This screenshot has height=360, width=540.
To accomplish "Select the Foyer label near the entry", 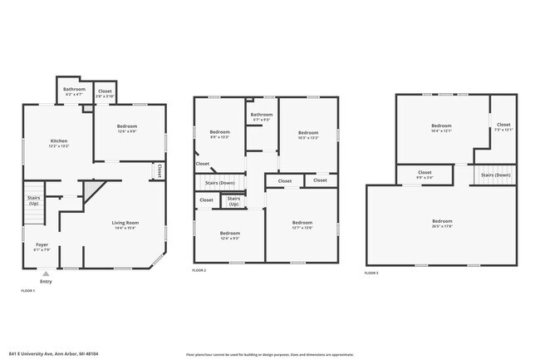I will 42,246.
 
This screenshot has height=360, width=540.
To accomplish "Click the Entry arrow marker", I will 45,273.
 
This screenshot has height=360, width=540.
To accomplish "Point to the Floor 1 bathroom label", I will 74,91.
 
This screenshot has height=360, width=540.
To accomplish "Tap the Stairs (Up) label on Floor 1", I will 34,200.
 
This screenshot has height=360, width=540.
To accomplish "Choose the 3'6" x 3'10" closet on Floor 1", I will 105,93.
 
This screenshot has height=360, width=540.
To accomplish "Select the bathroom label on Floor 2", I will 262,116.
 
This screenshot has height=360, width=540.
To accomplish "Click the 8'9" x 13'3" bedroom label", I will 219,135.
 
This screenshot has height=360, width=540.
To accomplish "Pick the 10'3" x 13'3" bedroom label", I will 308,135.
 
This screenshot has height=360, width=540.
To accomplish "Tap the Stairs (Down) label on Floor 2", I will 220,182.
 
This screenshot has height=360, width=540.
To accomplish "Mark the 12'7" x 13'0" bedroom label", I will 302,224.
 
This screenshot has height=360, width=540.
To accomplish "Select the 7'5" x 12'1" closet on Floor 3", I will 503,127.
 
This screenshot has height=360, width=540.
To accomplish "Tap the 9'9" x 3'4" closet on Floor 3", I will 424,174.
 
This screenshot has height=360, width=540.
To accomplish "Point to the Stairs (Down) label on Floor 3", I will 496,175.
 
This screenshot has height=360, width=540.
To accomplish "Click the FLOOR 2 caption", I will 199,270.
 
